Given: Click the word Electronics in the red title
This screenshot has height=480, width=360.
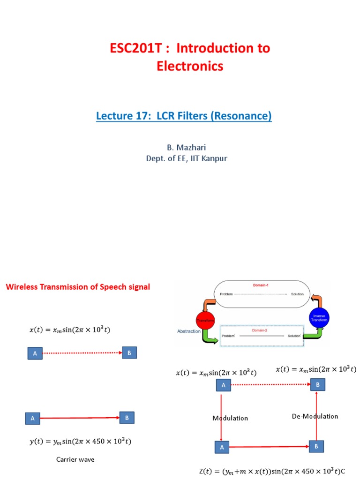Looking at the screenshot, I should (x=190, y=67).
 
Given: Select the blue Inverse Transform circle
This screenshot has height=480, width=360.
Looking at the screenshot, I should (x=319, y=318).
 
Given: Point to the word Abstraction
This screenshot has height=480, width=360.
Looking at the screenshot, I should (x=188, y=331).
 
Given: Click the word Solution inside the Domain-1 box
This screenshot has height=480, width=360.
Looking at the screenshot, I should (x=297, y=294).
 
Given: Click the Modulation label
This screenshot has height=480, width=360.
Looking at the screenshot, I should (x=230, y=418).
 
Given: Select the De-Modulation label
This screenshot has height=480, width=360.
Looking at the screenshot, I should (x=315, y=416).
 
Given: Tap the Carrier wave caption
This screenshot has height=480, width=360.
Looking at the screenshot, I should (x=75, y=459).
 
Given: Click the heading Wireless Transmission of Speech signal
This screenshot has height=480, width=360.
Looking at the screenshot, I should (x=78, y=287).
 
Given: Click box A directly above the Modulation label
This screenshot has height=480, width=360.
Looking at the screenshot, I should (x=224, y=385).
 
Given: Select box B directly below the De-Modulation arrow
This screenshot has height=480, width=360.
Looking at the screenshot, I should (x=316, y=446).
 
